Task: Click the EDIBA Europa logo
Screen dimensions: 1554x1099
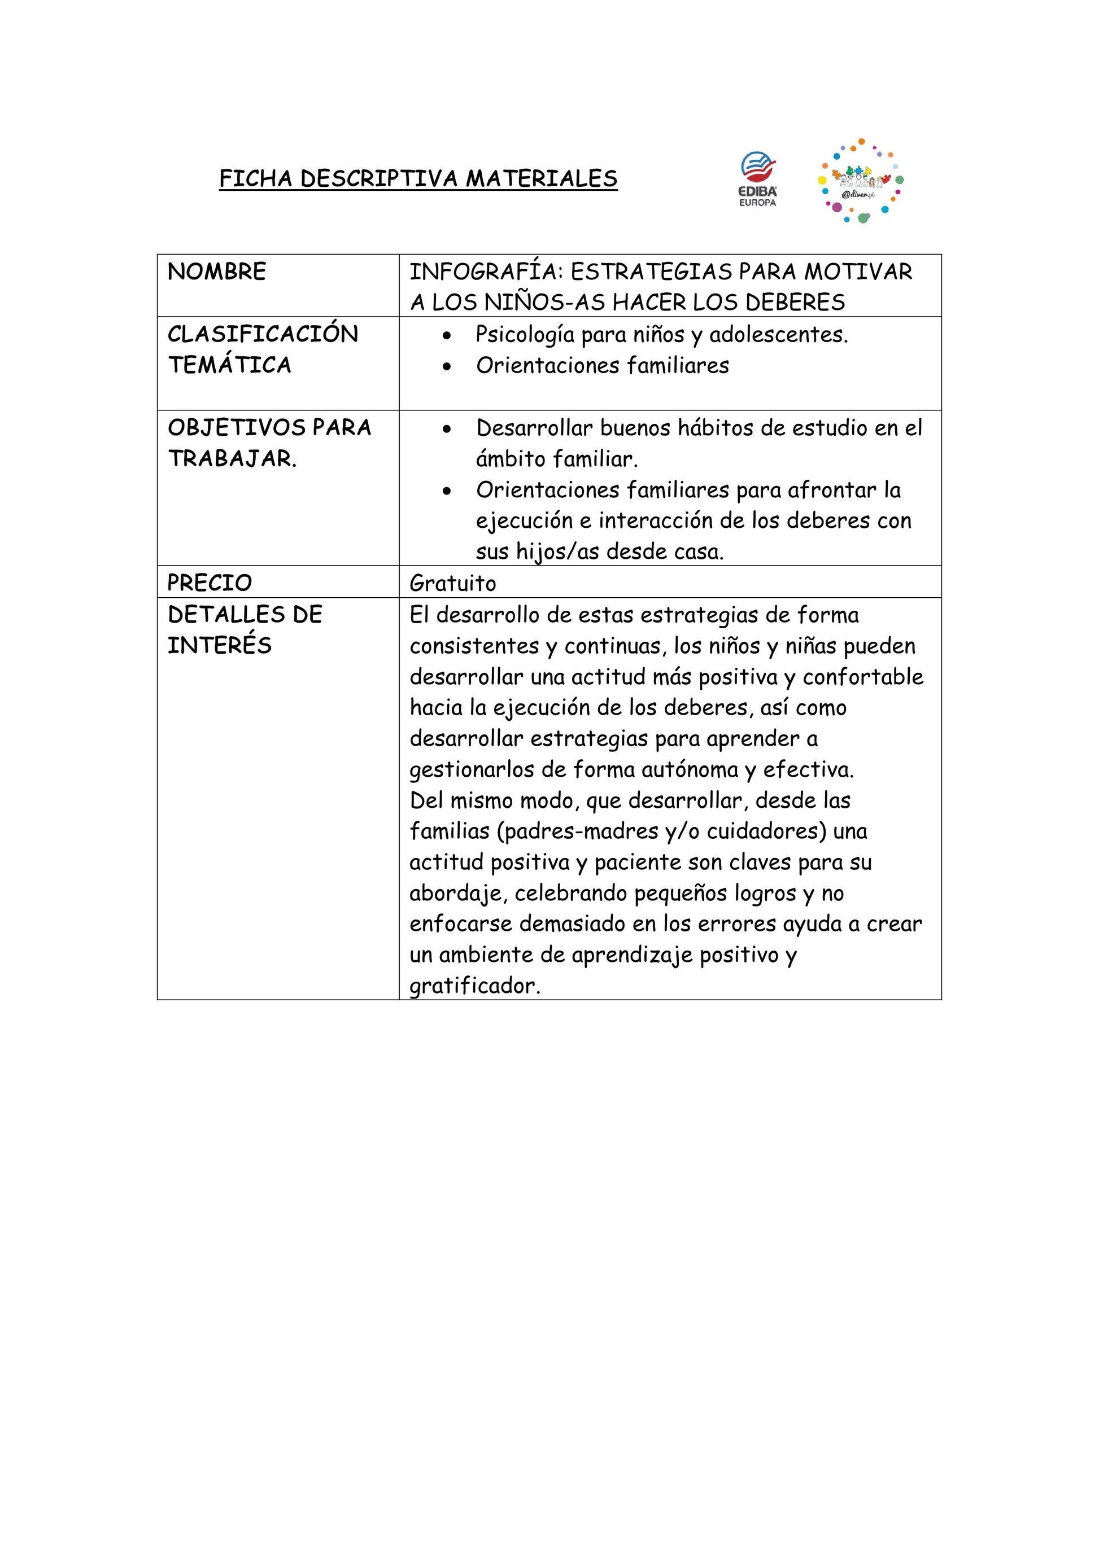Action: (x=758, y=180)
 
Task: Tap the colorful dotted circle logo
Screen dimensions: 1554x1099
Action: (x=860, y=181)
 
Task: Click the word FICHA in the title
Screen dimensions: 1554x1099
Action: (x=256, y=179)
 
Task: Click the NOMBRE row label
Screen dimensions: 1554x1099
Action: (x=217, y=272)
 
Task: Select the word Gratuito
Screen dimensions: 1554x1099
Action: (x=452, y=584)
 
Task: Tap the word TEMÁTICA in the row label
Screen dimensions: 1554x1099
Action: (x=229, y=365)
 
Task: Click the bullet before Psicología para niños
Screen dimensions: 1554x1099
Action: (x=446, y=336)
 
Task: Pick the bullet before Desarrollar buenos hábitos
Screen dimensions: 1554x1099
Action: (x=446, y=429)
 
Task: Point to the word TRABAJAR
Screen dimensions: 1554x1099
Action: (x=232, y=459)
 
